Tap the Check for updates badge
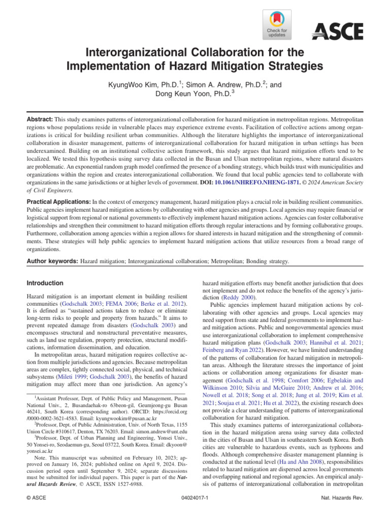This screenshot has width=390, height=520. click(x=277, y=24)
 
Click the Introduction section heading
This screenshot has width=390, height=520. click(x=45, y=283)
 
